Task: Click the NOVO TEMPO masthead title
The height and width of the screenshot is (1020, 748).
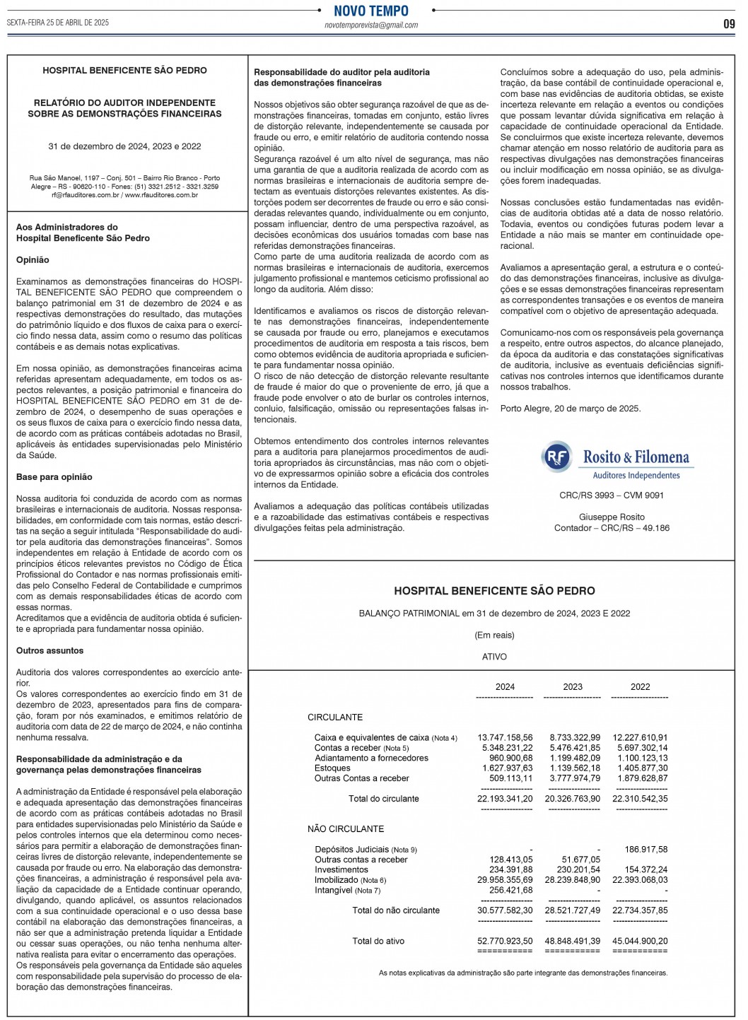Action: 371,11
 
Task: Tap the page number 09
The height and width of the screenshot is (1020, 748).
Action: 729,23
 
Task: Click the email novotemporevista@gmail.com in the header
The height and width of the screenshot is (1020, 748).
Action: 371,25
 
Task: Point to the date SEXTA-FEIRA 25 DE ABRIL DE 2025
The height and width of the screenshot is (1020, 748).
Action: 58,23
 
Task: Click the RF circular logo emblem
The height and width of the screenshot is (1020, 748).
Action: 557,457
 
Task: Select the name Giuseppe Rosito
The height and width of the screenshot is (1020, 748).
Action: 612,517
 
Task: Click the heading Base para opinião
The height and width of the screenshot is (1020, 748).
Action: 54,477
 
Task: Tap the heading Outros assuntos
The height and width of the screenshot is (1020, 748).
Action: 49,651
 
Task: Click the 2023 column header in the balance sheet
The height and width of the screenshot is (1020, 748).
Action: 573,687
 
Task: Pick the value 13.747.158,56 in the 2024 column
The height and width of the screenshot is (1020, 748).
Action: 505,738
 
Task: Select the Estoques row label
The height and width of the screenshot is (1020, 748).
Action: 332,768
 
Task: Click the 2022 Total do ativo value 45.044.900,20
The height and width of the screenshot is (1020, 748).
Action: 640,942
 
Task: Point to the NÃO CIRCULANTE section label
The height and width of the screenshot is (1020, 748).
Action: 346,829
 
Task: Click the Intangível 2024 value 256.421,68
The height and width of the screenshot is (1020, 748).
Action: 510,891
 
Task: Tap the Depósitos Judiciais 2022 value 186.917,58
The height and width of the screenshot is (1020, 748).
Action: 645,850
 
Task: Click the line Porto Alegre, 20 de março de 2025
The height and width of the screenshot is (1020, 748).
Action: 571,409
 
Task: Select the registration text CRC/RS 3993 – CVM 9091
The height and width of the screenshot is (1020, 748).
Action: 612,496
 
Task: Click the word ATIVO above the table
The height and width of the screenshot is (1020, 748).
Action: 494,657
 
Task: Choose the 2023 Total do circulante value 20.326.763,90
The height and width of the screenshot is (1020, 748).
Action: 572,799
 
